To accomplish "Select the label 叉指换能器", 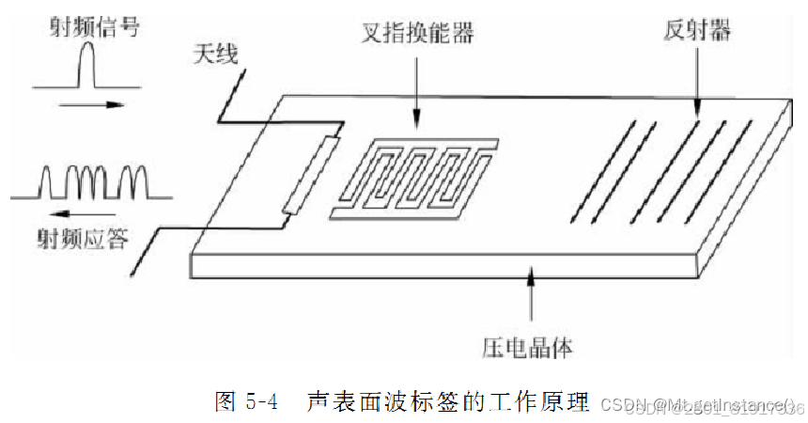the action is click(x=416, y=33).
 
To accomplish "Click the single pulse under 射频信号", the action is click(x=91, y=68).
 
